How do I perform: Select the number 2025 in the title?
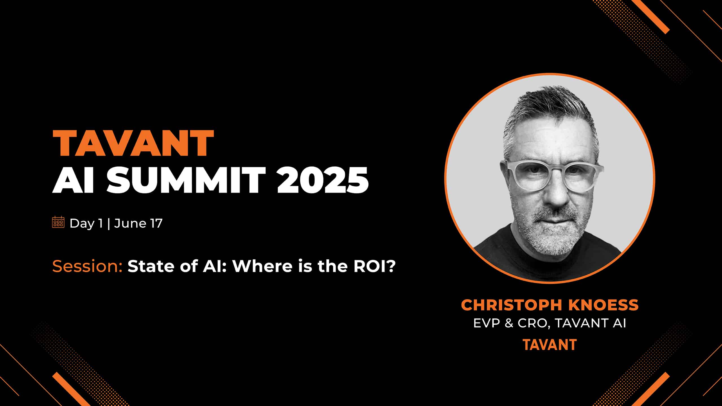coord(323,180)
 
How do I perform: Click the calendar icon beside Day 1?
coord(58,222)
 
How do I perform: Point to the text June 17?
coord(138,224)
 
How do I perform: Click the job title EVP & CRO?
coord(511,323)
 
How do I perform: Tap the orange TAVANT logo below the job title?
coord(550,345)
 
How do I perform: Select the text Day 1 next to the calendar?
coord(86,224)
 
